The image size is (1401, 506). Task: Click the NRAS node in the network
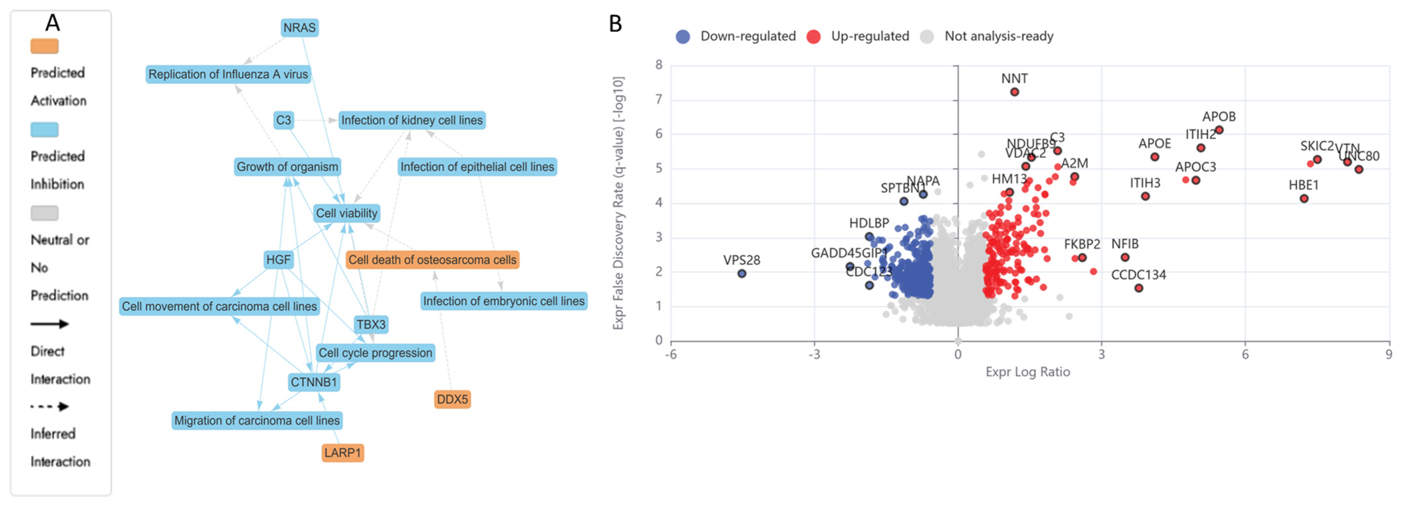[x=299, y=27]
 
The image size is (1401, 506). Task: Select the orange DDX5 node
[x=452, y=399]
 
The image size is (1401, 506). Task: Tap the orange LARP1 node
[x=343, y=453]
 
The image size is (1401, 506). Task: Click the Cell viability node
[x=347, y=213]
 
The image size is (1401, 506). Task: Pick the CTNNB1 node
[x=314, y=382]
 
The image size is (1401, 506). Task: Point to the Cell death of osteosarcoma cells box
[x=432, y=259]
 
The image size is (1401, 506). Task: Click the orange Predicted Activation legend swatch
[x=44, y=46]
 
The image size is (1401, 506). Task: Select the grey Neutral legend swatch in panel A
[x=44, y=213]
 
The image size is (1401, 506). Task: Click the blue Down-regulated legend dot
[x=683, y=36]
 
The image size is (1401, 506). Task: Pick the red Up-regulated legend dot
[x=813, y=36]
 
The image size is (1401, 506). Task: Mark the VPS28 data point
[x=742, y=274]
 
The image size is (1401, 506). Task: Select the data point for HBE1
[x=1304, y=199]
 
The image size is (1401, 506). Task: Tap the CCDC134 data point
[x=1138, y=288]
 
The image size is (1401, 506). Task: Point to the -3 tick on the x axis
[x=814, y=355]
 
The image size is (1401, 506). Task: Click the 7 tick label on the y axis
[x=659, y=100]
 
